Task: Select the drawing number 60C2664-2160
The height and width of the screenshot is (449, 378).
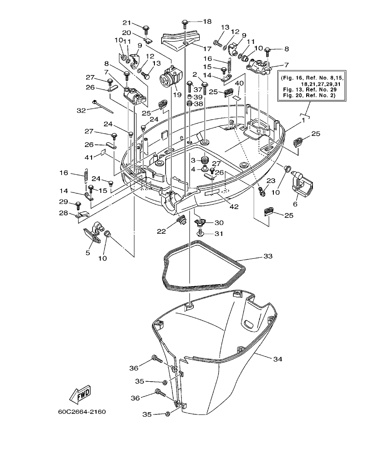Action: [x=82, y=411]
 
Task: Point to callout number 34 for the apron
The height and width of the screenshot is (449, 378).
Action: [x=278, y=358]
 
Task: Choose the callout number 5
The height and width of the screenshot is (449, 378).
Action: [x=88, y=253]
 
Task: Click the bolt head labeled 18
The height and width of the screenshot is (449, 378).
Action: [x=185, y=22]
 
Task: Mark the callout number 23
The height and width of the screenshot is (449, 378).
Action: [x=270, y=181]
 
